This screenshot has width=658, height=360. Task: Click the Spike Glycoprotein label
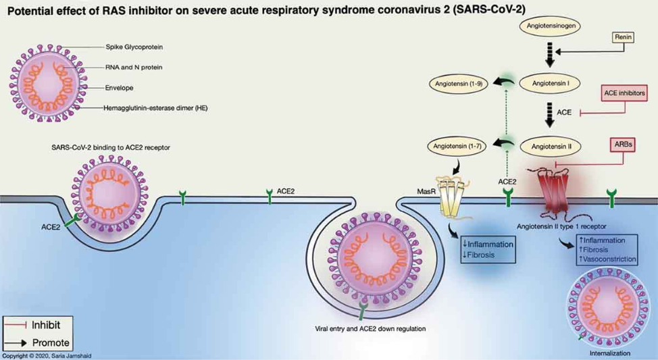(134, 47)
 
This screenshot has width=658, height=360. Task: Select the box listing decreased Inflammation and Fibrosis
(488, 249)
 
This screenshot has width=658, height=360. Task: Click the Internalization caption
(609, 353)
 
